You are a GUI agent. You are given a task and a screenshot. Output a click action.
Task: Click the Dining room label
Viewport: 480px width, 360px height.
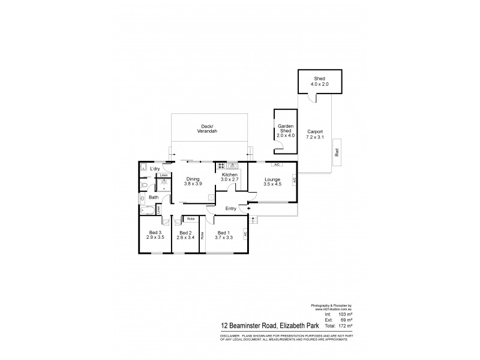[193, 178]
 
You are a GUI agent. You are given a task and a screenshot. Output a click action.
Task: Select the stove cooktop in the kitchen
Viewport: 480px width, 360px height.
[222, 165]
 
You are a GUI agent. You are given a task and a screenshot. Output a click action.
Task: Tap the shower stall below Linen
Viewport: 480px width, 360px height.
[164, 184]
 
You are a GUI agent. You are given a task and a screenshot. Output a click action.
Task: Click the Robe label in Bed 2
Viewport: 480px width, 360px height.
[190, 219]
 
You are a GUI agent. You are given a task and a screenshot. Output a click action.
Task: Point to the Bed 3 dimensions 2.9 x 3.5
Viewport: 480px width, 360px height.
[155, 238]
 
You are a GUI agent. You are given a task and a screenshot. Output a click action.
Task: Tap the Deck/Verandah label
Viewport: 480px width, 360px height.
[209, 129]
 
